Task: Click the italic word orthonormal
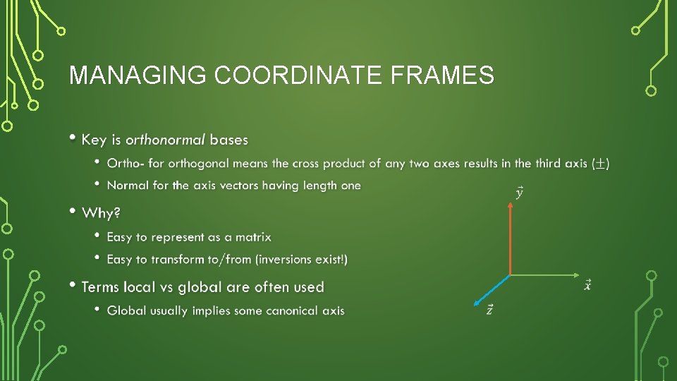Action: [x=166, y=140]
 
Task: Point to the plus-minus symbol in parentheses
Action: [x=600, y=164]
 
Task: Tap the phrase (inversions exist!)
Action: [x=302, y=260]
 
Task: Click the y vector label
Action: [x=520, y=192]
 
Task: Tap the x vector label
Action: [x=587, y=284]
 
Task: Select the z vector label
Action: [x=489, y=308]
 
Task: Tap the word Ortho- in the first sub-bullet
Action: [x=126, y=164]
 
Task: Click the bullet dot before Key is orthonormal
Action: [x=73, y=138]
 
